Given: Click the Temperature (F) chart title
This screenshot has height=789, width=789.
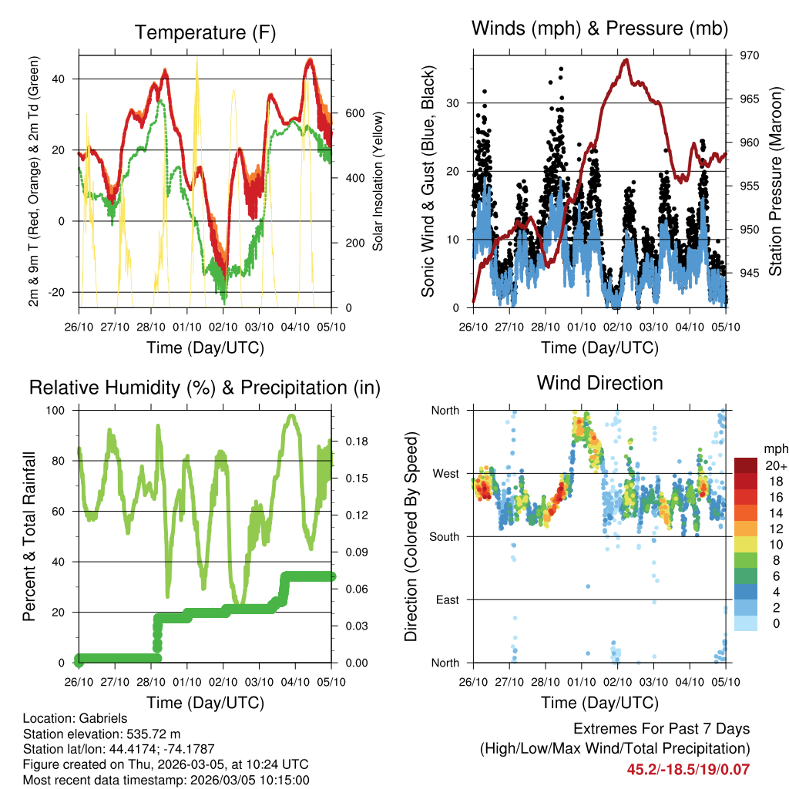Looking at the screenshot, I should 205,32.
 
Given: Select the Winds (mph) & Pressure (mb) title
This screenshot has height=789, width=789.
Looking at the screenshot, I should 599,29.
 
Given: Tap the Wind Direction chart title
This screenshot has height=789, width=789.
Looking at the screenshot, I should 599,382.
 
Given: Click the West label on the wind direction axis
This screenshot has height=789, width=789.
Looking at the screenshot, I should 445,473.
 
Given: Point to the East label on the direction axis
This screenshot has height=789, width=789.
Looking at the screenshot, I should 446,599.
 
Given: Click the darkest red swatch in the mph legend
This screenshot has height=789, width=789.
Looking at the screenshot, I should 746,465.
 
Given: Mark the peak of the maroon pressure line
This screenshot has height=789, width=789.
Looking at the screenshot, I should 626,59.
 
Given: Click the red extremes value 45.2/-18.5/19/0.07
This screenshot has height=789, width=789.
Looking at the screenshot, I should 688,769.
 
